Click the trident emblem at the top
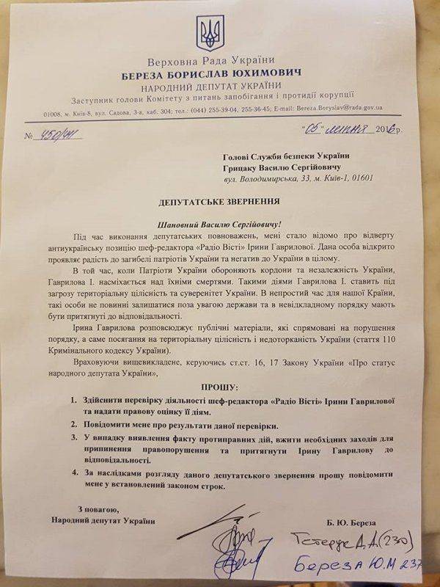[205, 32]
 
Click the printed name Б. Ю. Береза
[355, 521]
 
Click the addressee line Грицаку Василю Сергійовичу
[280, 165]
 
